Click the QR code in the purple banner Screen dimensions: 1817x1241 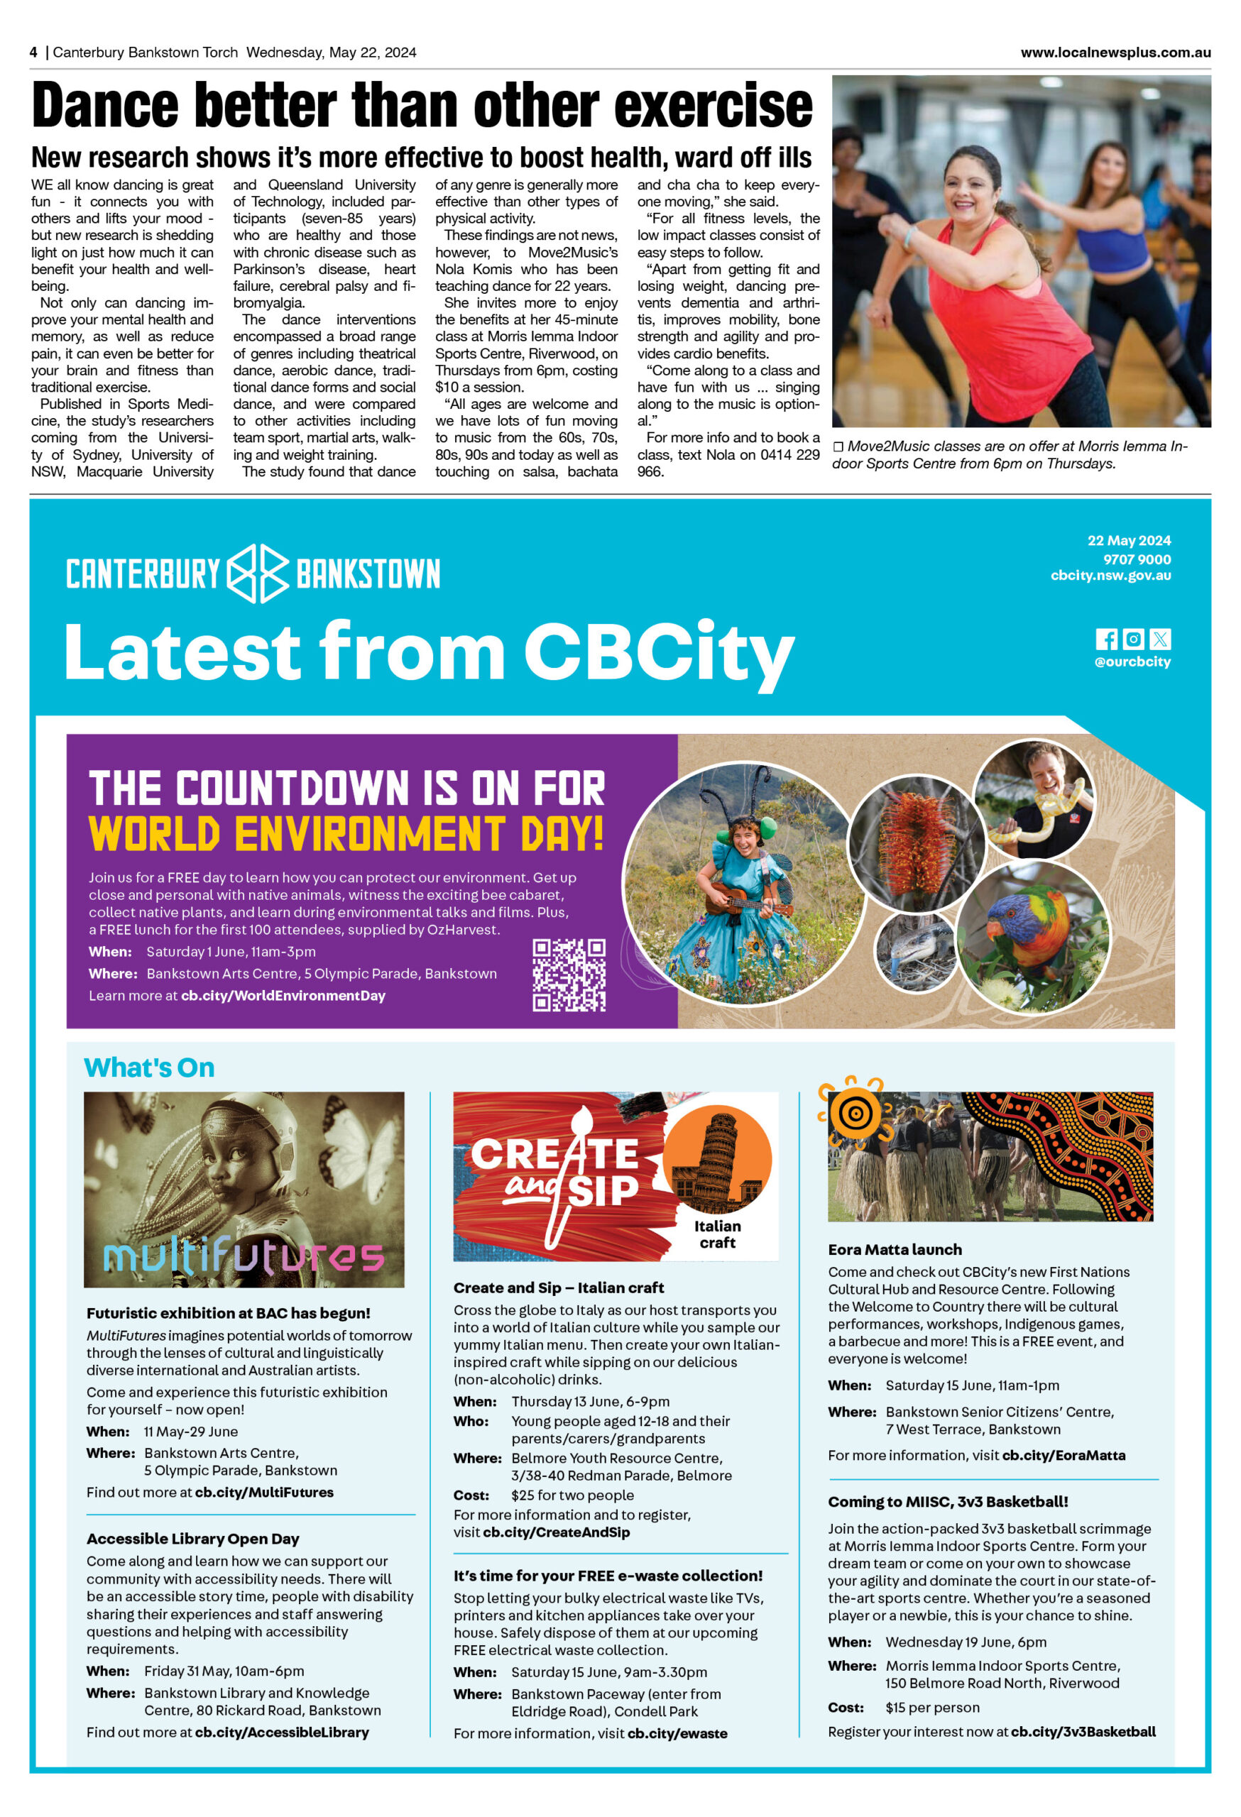(x=569, y=975)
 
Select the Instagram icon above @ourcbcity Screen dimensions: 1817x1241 (x=1133, y=639)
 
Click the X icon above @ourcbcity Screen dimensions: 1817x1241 (x=1161, y=639)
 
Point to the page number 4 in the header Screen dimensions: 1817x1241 (x=33, y=53)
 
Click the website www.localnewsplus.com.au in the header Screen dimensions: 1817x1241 (x=1115, y=53)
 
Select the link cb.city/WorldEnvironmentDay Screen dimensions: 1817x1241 (x=283, y=995)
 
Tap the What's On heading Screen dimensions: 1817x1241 (x=148, y=1067)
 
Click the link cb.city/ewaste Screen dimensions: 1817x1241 (x=677, y=1733)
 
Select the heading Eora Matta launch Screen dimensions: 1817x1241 (x=895, y=1249)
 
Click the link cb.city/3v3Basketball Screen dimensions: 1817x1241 (x=1083, y=1732)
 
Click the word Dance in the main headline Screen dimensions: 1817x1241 (x=106, y=106)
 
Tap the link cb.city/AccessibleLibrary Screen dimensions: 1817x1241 (x=282, y=1732)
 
